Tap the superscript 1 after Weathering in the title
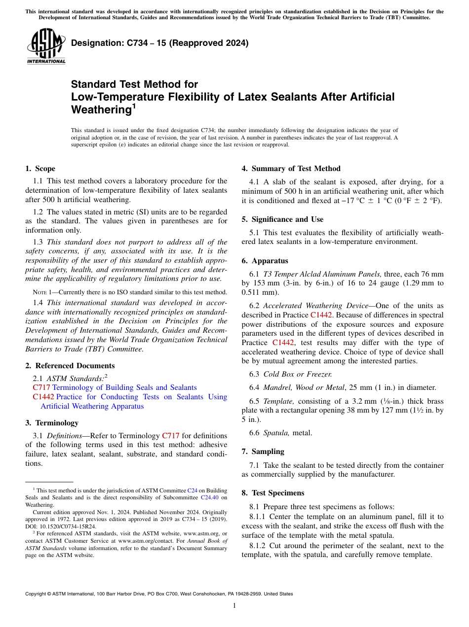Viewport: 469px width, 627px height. point(133,105)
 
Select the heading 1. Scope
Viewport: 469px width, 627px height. point(40,169)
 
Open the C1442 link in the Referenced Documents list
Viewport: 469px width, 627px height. point(43,397)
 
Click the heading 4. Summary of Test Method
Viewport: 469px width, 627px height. point(291,169)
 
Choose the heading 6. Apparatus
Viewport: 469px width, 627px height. point(265,261)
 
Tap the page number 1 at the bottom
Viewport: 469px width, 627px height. point(234,606)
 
